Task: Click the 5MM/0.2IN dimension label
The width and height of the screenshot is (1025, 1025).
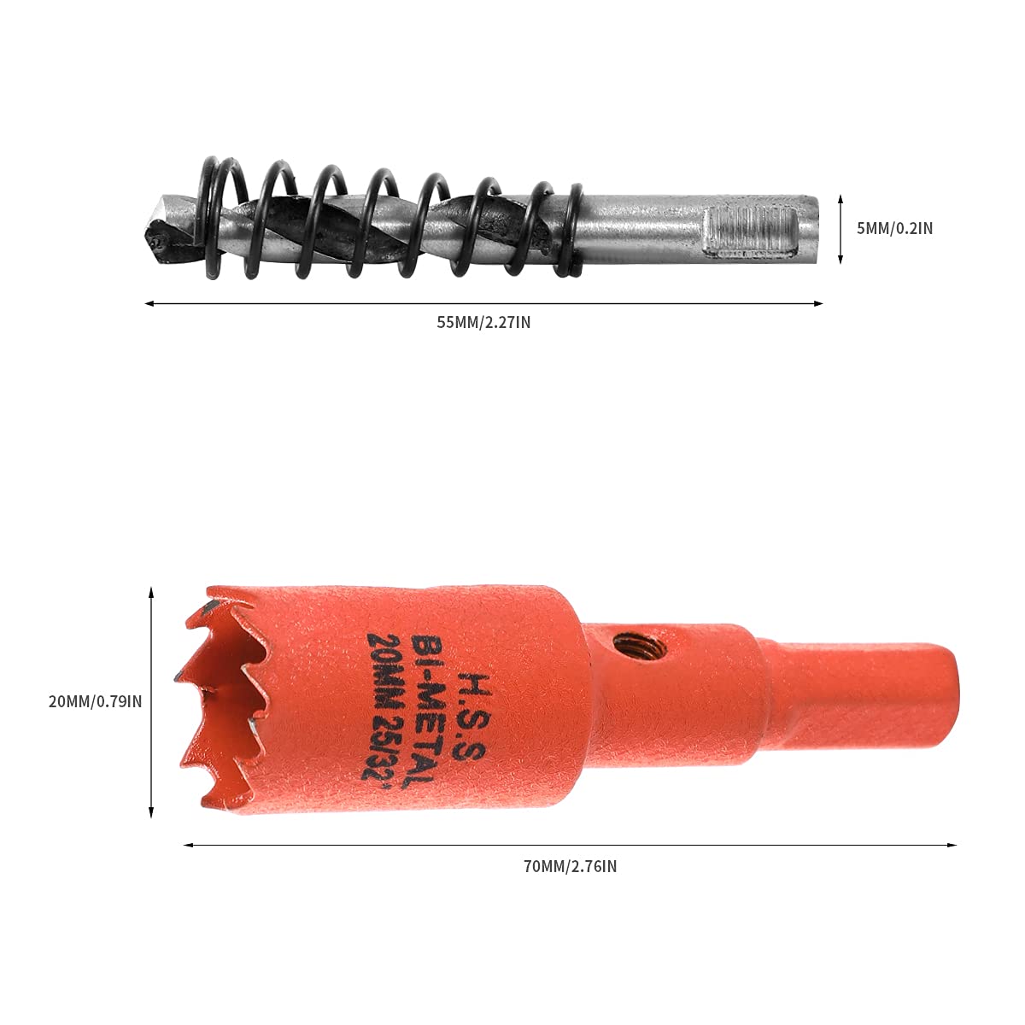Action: click(x=894, y=228)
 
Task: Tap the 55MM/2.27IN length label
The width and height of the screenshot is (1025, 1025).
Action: click(x=484, y=323)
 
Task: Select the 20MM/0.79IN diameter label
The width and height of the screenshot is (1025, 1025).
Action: click(x=96, y=701)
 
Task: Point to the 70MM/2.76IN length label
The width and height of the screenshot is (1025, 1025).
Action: click(x=571, y=866)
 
